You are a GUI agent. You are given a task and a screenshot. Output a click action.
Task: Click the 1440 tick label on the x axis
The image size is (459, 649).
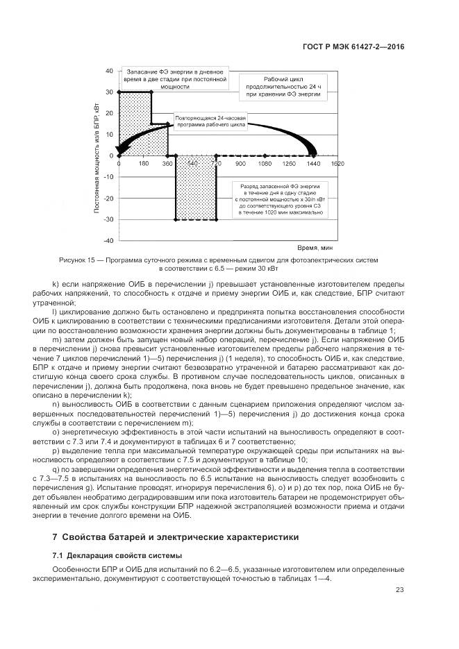point(313,164)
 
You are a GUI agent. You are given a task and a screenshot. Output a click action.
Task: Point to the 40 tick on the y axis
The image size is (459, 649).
point(109,71)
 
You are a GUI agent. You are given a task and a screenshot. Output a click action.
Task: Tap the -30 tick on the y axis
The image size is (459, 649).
point(108,219)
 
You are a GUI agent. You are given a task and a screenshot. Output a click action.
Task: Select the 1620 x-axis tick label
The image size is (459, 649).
point(337,164)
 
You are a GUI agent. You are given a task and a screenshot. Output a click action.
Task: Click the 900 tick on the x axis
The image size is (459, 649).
point(240,164)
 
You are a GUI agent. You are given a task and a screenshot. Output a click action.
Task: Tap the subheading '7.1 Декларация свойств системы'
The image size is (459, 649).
point(117,555)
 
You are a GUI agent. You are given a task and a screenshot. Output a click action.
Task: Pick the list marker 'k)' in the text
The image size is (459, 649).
point(56,285)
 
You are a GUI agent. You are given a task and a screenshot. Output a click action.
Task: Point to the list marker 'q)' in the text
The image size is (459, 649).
point(56,469)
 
